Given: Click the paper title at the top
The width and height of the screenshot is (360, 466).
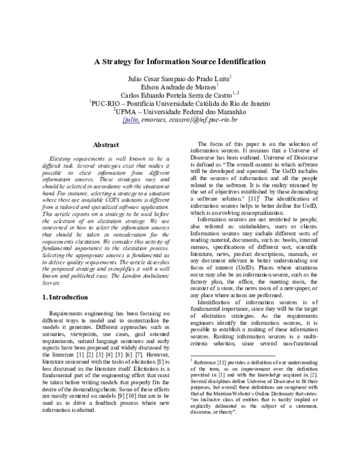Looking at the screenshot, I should coord(179,62).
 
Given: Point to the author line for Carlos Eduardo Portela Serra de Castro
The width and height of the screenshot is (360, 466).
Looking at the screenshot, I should coord(179,95).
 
